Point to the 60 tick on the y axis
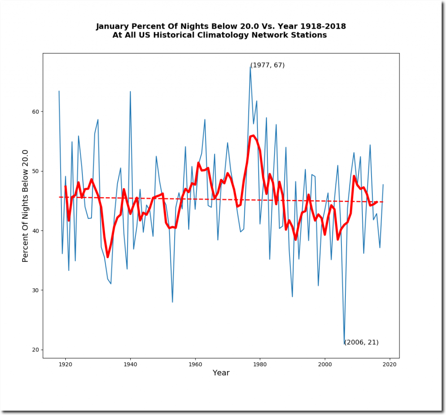tap(36, 111)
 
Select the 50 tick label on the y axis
tap(36, 171)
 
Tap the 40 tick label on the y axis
tap(36, 231)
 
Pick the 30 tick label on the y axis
tap(36, 290)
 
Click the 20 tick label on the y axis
tap(36, 350)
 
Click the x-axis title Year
tap(221, 373)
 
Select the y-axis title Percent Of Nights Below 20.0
tap(25, 206)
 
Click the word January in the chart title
tap(113, 27)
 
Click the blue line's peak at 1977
tap(250, 67)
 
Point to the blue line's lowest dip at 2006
tap(345, 344)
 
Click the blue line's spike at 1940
tap(130, 91)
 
